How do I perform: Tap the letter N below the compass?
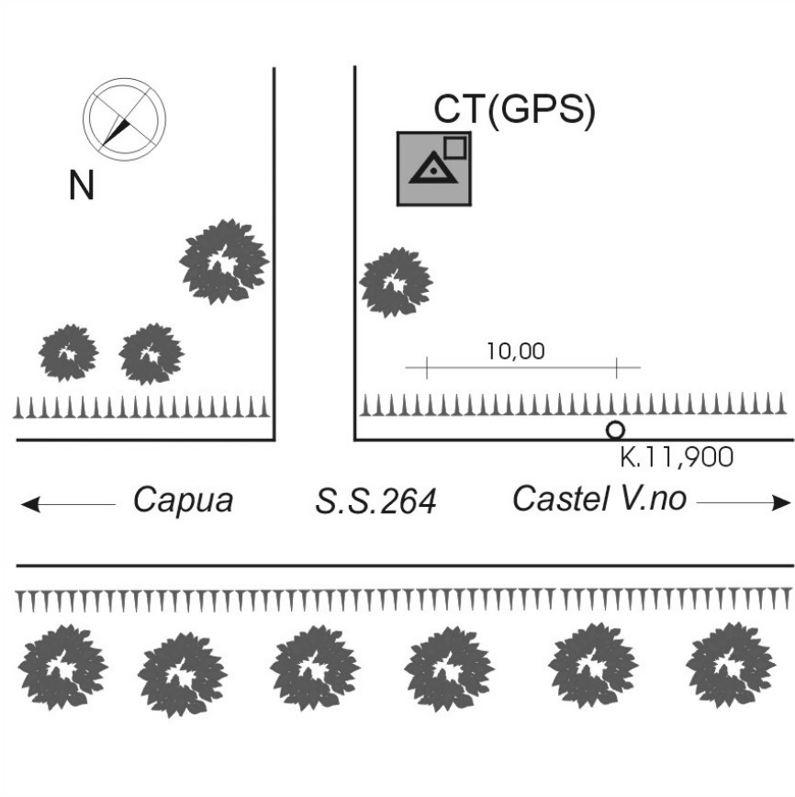point(82,186)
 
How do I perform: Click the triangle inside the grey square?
point(431,169)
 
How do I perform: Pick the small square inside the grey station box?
point(454,147)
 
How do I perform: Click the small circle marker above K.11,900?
point(615,429)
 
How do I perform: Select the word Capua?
point(183,500)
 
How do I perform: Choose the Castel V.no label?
point(599,500)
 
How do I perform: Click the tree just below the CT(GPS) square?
point(396,282)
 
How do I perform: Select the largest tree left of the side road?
point(224,262)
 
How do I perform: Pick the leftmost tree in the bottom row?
point(62,667)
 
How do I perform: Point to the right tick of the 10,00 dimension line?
point(616,369)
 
